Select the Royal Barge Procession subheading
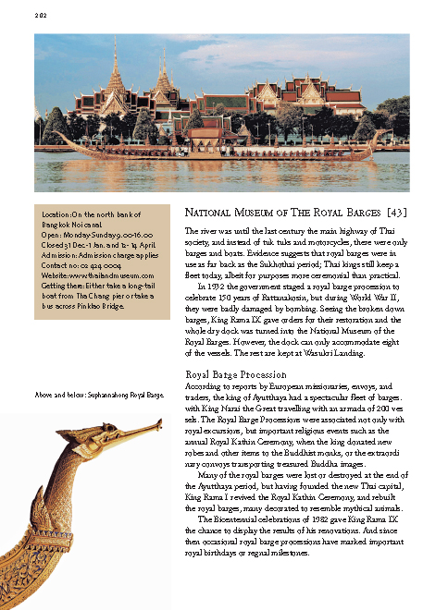click(235, 373)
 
